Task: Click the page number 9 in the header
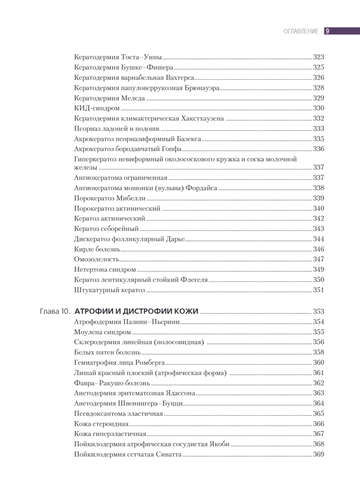(x=327, y=31)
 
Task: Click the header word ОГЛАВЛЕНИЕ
(x=301, y=31)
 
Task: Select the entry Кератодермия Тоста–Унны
(x=118, y=58)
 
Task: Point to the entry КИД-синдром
(x=97, y=108)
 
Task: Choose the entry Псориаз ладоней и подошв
(x=117, y=128)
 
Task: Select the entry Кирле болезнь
(x=97, y=249)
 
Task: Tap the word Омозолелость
(x=97, y=259)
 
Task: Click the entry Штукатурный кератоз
(x=110, y=290)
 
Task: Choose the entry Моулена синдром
(x=102, y=332)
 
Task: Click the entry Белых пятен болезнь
(x=108, y=352)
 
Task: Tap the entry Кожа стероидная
(x=101, y=424)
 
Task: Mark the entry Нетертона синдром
(x=105, y=270)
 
